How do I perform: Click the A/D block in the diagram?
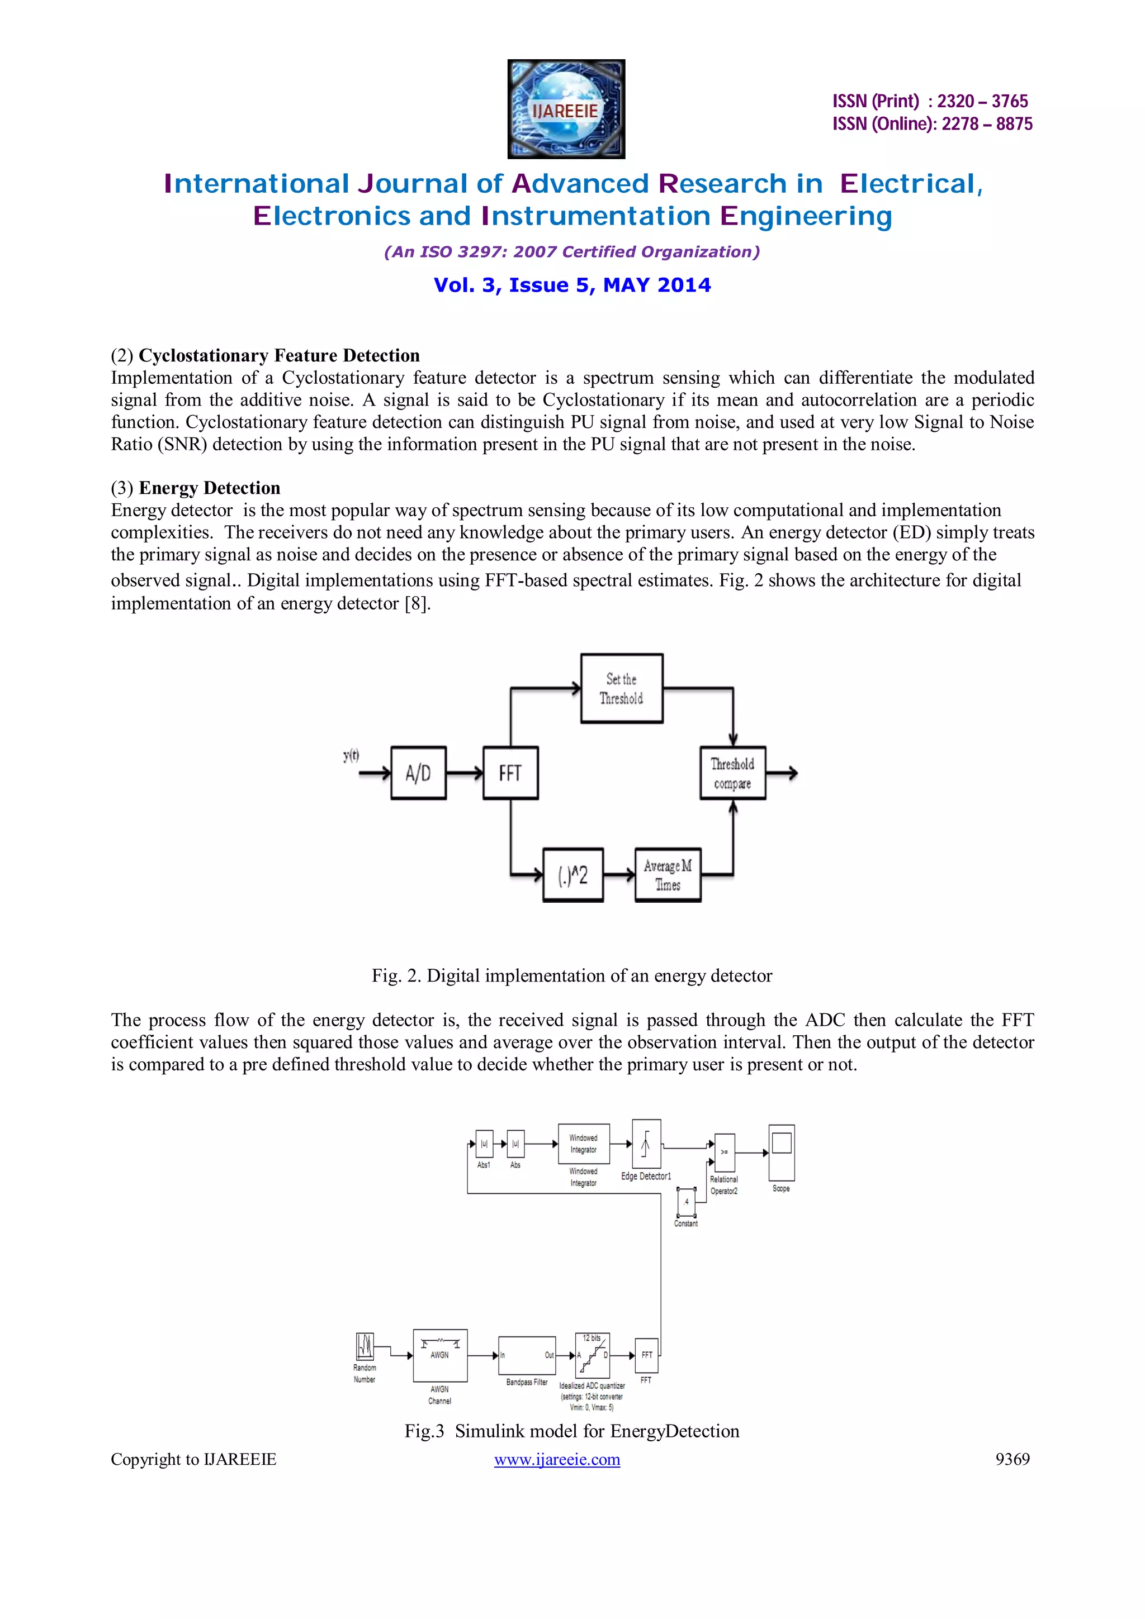pyautogui.click(x=418, y=773)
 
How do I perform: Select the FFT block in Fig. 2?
pyautogui.click(x=510, y=773)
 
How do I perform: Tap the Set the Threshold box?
pyautogui.click(x=622, y=688)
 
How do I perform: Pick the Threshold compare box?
pyautogui.click(x=732, y=773)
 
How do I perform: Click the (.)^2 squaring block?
pyautogui.click(x=573, y=875)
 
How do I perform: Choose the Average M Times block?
pyautogui.click(x=668, y=875)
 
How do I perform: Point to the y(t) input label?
pyautogui.click(x=351, y=756)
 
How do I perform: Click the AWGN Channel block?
pyautogui.click(x=440, y=1355)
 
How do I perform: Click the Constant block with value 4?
pyautogui.click(x=686, y=1202)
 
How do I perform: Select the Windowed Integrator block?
pyautogui.click(x=584, y=1144)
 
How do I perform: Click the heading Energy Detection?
pyautogui.click(x=210, y=488)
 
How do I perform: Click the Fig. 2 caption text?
pyautogui.click(x=572, y=976)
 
